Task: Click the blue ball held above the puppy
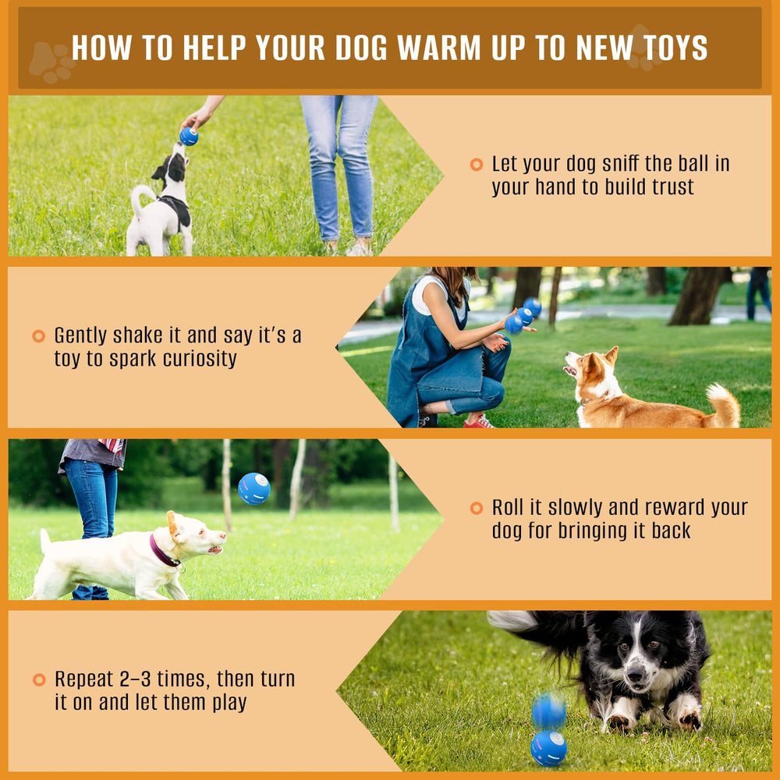click(x=189, y=136)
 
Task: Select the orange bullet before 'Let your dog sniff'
click(x=476, y=165)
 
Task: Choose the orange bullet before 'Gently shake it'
click(x=38, y=336)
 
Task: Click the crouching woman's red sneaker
click(x=479, y=422)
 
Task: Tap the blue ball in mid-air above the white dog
click(x=254, y=488)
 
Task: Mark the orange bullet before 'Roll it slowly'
click(x=476, y=509)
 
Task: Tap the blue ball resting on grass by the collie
click(x=548, y=747)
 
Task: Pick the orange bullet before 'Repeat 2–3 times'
click(x=39, y=679)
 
